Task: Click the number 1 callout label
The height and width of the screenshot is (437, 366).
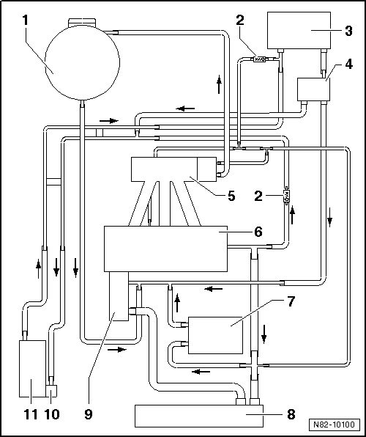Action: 26,20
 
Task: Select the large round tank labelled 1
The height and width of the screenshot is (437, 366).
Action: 83,62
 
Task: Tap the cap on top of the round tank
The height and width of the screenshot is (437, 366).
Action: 82,21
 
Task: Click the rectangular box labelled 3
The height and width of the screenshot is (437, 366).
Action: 299,30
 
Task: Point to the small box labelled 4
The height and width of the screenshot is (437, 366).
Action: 314,89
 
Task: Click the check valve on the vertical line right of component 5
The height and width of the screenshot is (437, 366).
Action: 285,196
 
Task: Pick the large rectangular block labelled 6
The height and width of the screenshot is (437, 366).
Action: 165,249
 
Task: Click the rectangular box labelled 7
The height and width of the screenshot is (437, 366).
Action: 215,335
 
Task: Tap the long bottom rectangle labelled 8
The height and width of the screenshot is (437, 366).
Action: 198,416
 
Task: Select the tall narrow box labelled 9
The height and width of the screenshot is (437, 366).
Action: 119,296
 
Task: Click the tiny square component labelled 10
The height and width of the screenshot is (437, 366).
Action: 51,391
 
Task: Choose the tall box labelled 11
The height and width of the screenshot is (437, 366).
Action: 32,368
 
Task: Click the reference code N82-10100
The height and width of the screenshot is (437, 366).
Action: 334,425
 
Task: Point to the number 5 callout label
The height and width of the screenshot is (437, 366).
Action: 231,196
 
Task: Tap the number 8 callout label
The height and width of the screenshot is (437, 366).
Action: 291,414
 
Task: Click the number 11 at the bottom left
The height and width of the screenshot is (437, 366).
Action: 31,414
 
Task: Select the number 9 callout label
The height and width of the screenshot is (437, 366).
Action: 88,414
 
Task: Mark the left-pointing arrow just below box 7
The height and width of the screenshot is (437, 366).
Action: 201,371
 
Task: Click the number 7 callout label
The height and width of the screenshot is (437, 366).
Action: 291,302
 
